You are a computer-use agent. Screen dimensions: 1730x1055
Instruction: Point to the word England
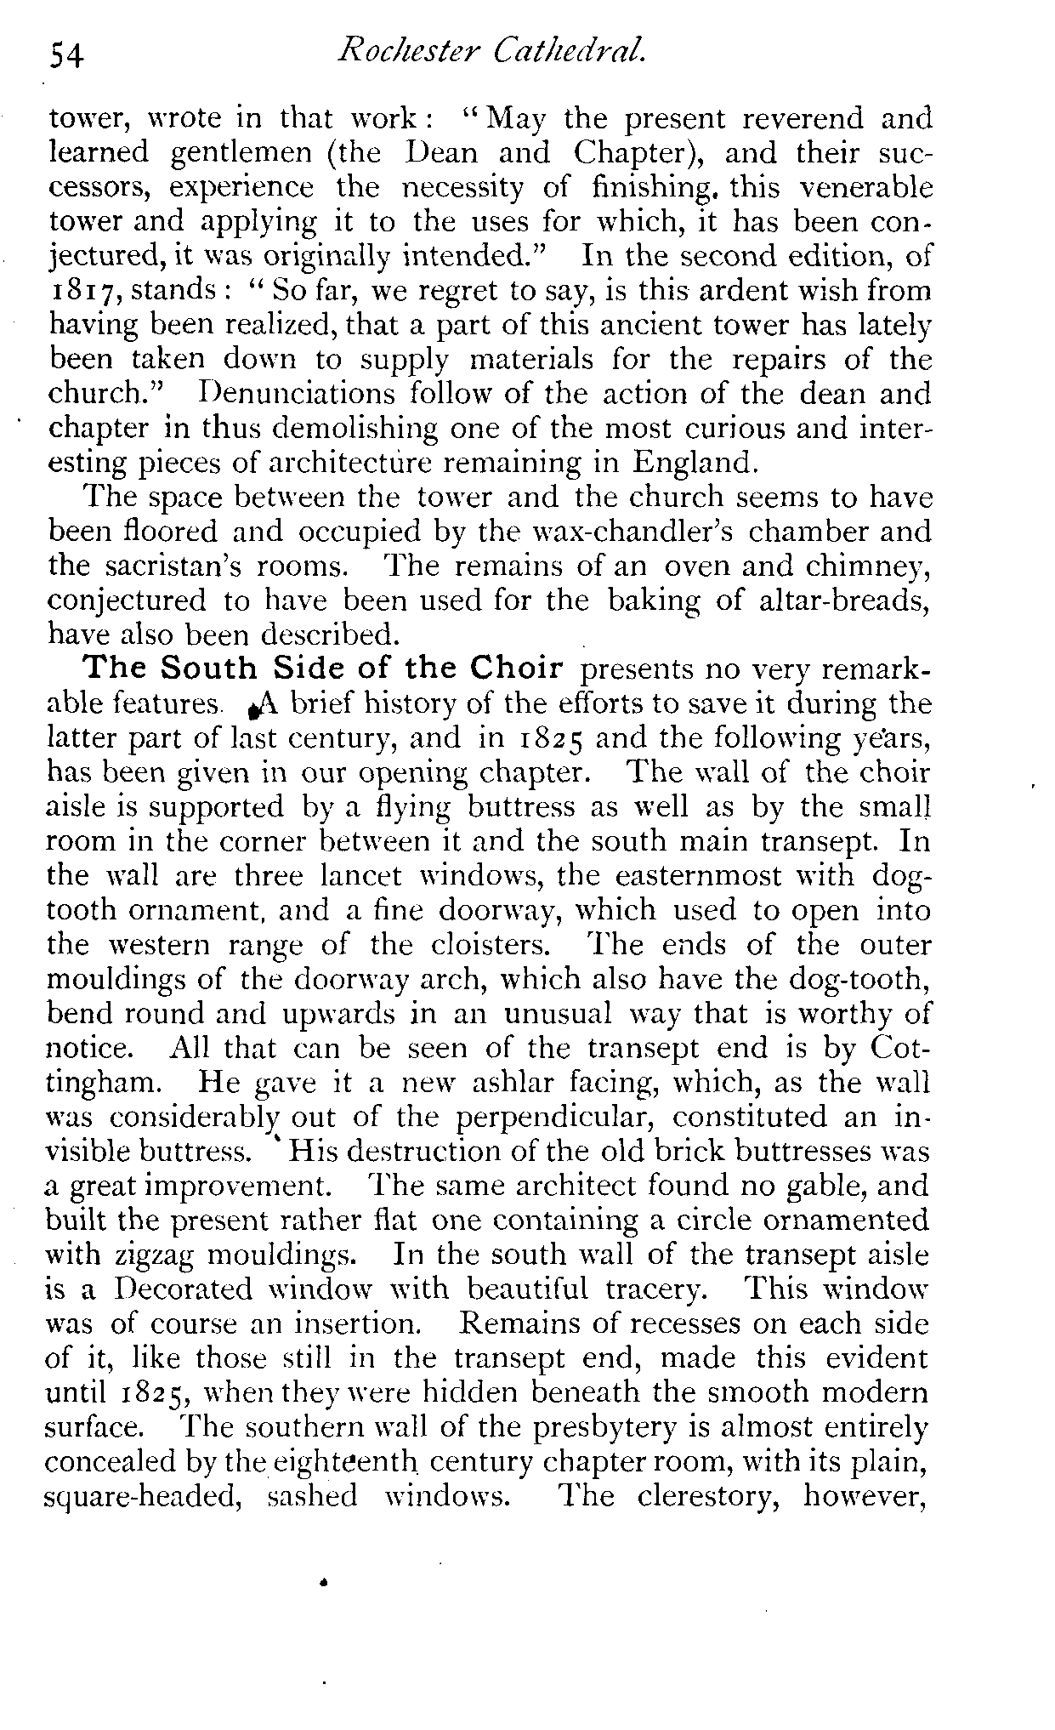(x=695, y=464)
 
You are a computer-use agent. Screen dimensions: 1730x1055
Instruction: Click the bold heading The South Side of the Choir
(x=325, y=669)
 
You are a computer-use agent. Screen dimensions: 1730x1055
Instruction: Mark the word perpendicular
(x=566, y=1118)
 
